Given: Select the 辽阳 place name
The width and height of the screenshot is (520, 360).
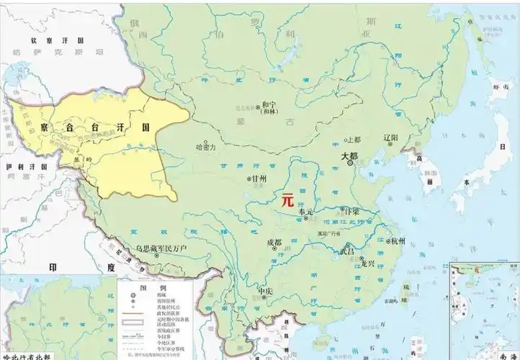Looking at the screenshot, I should [391, 135].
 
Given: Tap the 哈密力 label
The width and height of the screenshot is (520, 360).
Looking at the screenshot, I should [206, 146].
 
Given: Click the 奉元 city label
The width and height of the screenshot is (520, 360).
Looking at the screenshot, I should [305, 212].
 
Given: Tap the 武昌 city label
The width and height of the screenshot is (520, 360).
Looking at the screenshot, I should [347, 251].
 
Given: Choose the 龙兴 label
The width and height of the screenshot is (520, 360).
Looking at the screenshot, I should [367, 264].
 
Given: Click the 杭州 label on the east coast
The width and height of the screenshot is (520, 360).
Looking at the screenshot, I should [398, 240].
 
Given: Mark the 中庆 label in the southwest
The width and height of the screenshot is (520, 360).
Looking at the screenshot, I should [266, 292].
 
